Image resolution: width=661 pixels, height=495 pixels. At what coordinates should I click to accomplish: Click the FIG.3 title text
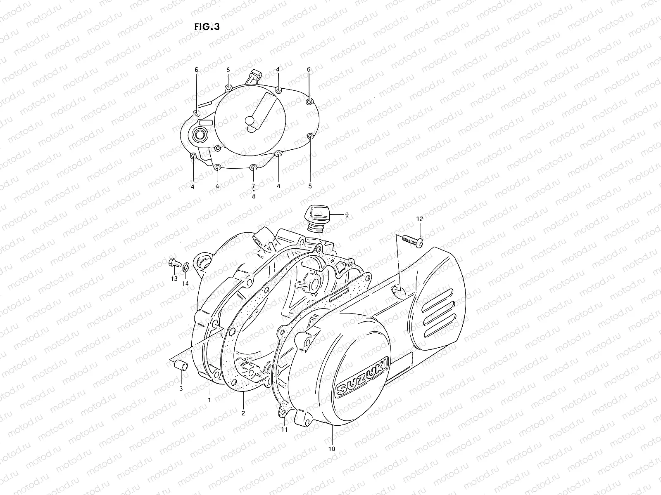207,27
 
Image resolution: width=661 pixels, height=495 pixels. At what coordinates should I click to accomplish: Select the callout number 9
347,214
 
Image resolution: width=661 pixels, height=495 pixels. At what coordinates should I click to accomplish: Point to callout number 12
419,219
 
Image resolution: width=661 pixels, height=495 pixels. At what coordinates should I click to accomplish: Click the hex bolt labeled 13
174,262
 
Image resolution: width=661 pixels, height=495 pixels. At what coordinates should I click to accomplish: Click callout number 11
284,430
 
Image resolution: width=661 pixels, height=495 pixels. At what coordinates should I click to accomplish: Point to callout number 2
243,412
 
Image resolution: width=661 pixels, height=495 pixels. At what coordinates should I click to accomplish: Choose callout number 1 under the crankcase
209,400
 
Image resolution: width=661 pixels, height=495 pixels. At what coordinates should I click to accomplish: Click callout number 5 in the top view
310,186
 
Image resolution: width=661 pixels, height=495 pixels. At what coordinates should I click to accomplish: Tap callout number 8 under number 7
254,197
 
